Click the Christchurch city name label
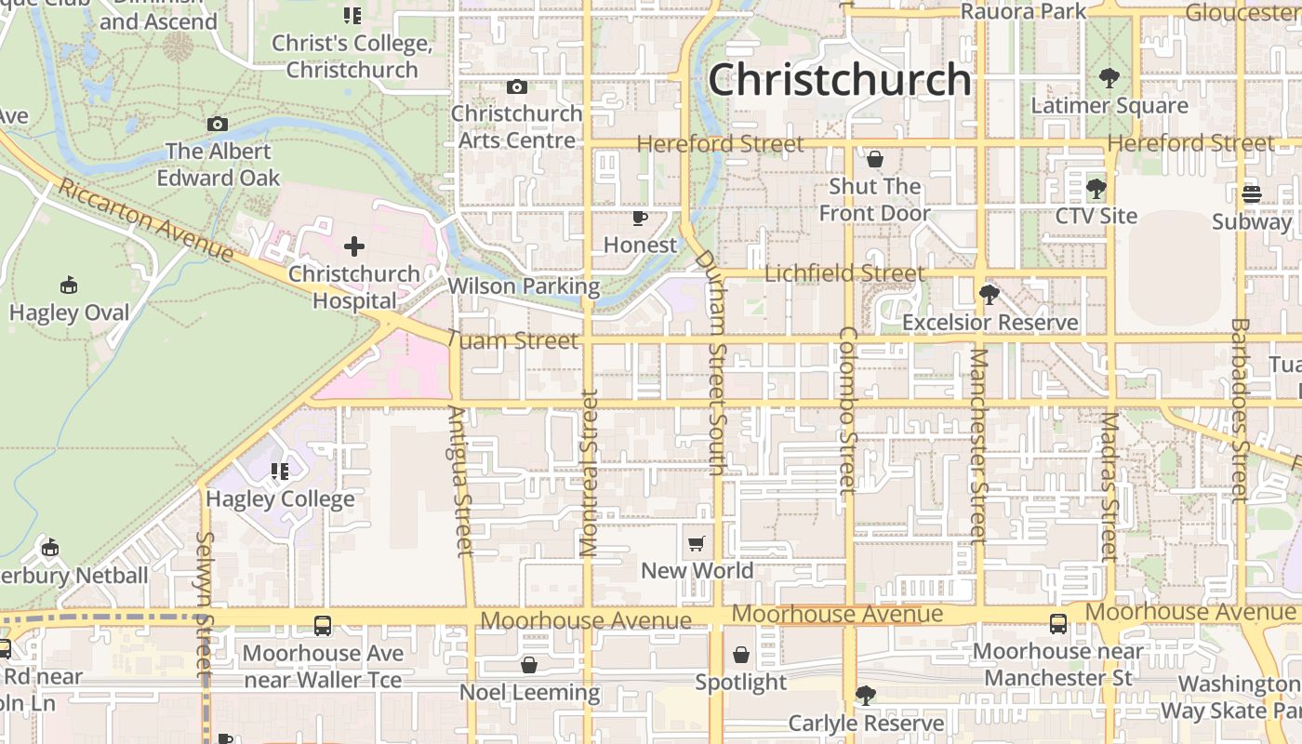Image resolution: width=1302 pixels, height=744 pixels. click(x=840, y=80)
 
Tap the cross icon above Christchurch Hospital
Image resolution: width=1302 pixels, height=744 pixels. click(x=354, y=246)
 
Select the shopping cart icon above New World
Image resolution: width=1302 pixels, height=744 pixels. click(x=697, y=543)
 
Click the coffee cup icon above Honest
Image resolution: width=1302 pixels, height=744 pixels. click(x=640, y=218)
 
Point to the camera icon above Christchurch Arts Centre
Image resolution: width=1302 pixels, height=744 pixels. click(x=517, y=86)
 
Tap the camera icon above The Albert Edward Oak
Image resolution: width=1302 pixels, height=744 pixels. click(x=218, y=124)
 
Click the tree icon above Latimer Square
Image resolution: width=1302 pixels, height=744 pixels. click(x=1109, y=78)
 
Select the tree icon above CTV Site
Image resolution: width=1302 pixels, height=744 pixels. click(x=1096, y=189)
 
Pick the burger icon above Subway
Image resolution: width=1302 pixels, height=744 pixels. click(x=1252, y=194)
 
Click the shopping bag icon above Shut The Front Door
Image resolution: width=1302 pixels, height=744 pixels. click(x=874, y=159)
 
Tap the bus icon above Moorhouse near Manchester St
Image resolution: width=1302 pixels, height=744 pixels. click(x=1058, y=624)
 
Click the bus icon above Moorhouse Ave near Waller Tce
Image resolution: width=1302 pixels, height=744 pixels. click(x=323, y=626)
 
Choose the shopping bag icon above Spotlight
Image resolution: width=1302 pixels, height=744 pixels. click(x=741, y=655)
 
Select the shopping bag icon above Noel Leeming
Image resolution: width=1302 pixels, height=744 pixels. click(x=529, y=665)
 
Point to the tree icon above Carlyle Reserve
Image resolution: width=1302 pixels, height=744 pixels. click(x=865, y=696)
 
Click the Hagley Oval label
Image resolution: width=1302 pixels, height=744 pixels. click(x=70, y=312)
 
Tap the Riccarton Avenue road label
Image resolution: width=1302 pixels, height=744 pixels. click(x=145, y=219)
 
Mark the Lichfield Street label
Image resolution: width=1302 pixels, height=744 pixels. click(x=844, y=273)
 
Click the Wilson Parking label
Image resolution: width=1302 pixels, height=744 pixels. click(x=524, y=286)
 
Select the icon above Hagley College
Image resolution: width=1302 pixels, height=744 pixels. click(x=280, y=472)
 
